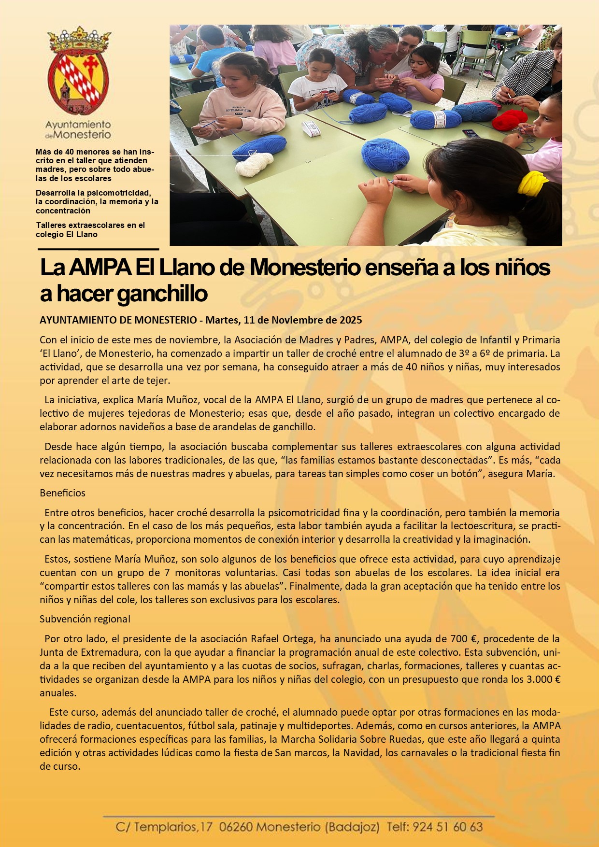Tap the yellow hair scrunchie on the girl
pos(532,184)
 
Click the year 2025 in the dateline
pos(351,320)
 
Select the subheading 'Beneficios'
pos(62,493)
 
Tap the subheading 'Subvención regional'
pos(85,619)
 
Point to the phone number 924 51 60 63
pos(447,827)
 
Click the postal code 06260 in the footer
pos(235,827)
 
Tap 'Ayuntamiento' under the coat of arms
pos(78,125)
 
